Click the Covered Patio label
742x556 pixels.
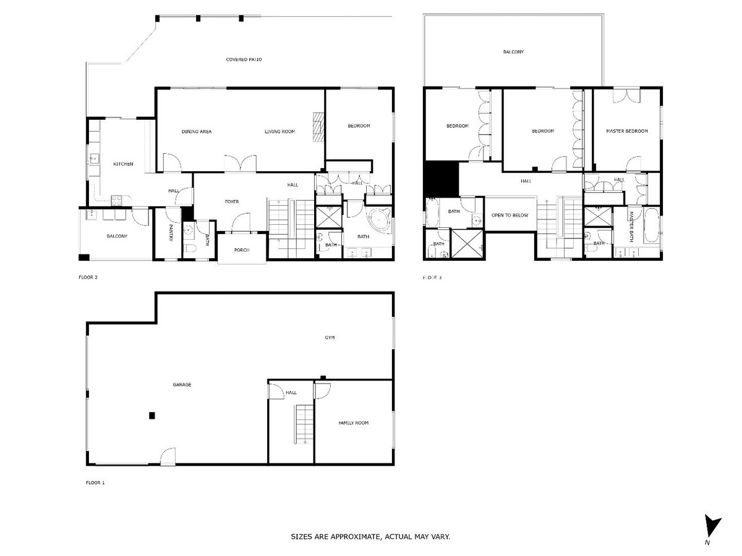pos(244,59)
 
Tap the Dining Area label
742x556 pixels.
pos(197,132)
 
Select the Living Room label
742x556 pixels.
pos(280,132)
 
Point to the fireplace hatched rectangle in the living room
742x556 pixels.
pos(318,127)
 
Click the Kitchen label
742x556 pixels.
pos(123,164)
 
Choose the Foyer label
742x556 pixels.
pos(231,201)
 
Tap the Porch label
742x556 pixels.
pos(242,250)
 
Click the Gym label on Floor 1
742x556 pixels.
pos(330,338)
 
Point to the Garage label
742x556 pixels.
pos(182,384)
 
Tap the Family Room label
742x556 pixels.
pos(353,423)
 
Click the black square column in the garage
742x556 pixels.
pos(151,416)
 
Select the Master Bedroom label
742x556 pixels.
pos(627,131)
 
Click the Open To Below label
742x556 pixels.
pos(510,215)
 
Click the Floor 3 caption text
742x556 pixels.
pos(432,277)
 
